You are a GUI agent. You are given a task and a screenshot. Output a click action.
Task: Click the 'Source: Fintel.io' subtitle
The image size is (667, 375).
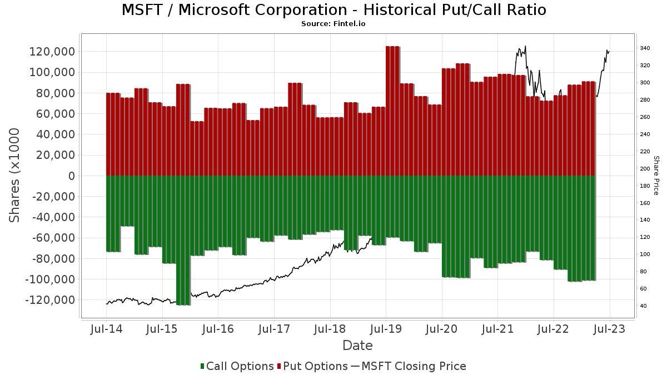click(333, 24)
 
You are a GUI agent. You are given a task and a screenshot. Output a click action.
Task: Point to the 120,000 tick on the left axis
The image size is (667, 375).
click(51, 52)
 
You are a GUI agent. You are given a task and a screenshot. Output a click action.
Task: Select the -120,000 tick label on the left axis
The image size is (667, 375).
click(49, 300)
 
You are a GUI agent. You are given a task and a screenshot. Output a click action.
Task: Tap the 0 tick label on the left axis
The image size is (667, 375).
click(71, 176)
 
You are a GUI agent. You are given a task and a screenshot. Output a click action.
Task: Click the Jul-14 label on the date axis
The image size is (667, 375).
click(106, 329)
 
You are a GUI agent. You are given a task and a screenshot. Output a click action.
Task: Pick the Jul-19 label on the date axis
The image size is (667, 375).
click(386, 329)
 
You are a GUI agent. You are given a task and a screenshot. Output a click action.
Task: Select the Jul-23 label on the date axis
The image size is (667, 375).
click(610, 329)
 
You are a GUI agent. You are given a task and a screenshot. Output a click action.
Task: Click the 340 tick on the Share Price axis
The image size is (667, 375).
click(645, 49)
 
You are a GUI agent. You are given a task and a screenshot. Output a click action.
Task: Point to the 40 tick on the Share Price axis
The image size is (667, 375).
click(643, 306)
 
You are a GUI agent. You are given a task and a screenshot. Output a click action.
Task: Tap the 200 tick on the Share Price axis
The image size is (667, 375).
click(645, 169)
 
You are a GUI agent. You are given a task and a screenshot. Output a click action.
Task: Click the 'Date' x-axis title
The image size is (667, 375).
click(357, 346)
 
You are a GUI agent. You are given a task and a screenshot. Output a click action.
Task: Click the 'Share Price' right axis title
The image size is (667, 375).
click(656, 176)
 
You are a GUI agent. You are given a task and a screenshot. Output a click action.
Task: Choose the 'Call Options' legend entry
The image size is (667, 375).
click(237, 366)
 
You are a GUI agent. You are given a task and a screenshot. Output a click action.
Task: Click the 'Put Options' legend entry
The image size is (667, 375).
click(315, 366)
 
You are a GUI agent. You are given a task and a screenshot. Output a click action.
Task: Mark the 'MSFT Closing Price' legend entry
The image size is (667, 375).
click(408, 366)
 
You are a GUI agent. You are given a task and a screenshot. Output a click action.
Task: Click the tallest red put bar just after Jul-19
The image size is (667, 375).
click(392, 111)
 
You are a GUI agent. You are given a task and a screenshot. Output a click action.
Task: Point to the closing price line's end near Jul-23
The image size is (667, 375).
click(610, 52)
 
